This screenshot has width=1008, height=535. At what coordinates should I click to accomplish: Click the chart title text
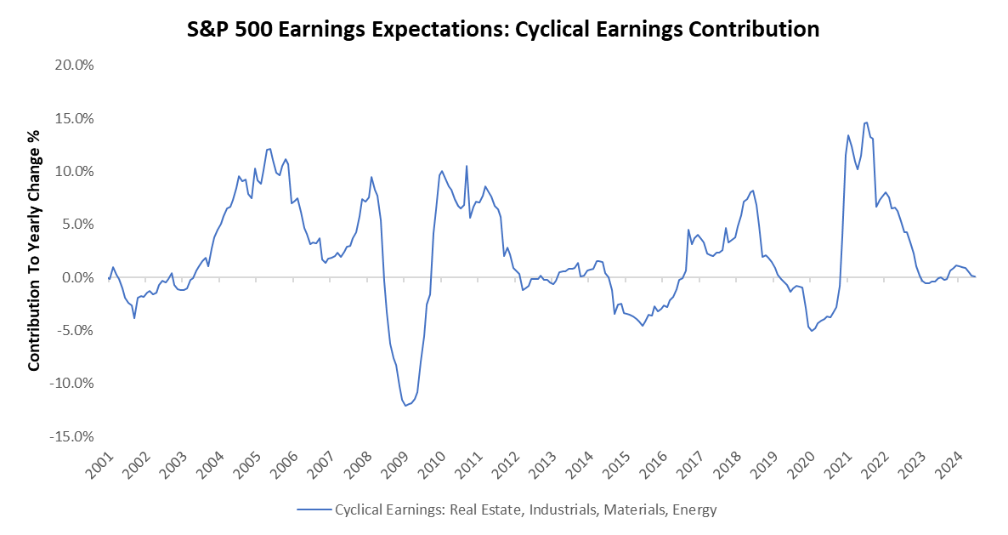click(503, 29)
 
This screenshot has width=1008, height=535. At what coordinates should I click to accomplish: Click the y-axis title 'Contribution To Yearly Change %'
click(35, 249)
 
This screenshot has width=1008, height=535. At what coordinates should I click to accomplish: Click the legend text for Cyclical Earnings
click(526, 510)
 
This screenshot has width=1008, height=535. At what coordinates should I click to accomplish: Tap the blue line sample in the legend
click(314, 510)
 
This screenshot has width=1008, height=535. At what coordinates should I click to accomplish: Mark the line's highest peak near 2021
click(865, 122)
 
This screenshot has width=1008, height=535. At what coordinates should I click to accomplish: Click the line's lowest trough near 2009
click(405, 406)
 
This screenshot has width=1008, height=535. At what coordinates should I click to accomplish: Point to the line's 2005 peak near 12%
click(269, 149)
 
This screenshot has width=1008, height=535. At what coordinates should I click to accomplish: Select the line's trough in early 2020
click(812, 330)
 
